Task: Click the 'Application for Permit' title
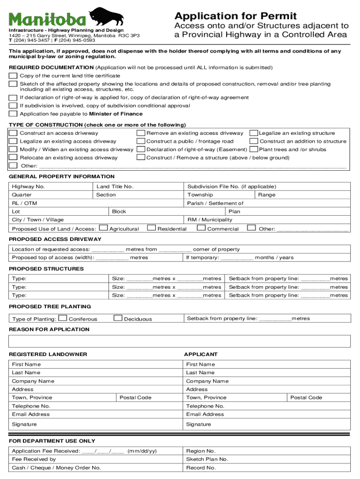(235, 15)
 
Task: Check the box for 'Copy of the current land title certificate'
(14, 76)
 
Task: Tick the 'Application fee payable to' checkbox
(14, 114)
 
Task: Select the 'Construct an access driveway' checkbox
(14, 133)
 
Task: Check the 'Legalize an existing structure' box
(254, 133)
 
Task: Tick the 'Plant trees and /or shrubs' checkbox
(254, 150)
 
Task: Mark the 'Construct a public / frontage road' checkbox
(141, 141)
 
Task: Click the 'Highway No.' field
(51, 187)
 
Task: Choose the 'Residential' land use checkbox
(151, 228)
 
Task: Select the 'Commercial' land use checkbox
(201, 228)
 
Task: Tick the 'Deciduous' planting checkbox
(118, 319)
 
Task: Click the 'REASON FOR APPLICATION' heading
(49, 329)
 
